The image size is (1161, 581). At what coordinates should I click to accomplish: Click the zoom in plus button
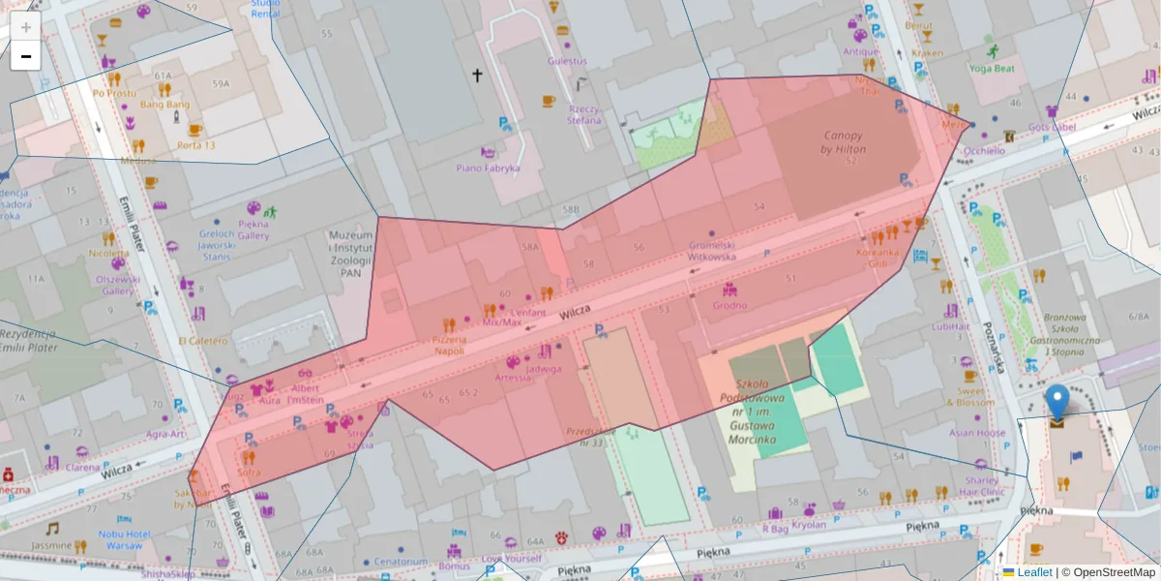tap(26, 26)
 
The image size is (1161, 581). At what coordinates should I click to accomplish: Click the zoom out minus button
tap(26, 56)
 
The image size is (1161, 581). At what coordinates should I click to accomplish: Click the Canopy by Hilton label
tap(843, 142)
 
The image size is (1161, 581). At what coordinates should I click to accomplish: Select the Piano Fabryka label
tap(489, 168)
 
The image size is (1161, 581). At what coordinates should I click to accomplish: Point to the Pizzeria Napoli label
tap(449, 345)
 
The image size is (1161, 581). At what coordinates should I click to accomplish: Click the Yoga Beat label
tap(992, 69)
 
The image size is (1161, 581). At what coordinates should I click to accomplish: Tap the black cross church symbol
tap(476, 75)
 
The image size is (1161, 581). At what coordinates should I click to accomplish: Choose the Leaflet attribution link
tap(1033, 572)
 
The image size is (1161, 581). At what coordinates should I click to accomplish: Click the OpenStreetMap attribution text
tap(1112, 572)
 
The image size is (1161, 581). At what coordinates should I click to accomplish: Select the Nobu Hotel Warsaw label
tap(124, 539)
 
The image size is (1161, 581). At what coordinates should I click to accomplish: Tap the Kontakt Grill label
tap(878, 257)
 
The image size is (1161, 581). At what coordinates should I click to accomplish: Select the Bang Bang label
tap(164, 105)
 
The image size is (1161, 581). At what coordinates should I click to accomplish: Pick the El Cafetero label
tap(203, 341)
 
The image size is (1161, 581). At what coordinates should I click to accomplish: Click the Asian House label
tap(977, 433)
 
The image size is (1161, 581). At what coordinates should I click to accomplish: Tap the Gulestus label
tap(567, 60)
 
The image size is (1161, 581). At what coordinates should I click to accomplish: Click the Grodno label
tap(729, 306)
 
